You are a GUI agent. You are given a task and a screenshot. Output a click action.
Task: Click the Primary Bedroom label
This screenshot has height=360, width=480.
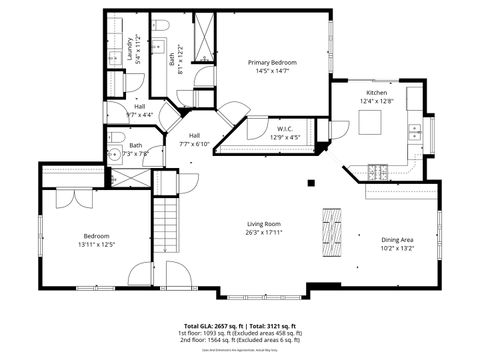pyautogui.click(x=273, y=62)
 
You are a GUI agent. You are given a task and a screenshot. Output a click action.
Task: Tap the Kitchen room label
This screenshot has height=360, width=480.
pyautogui.click(x=379, y=92)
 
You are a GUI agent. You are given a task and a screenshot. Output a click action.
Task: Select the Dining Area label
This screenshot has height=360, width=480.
pyautogui.click(x=397, y=238)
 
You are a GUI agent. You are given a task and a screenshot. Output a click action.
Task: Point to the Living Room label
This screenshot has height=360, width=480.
pyautogui.click(x=264, y=223)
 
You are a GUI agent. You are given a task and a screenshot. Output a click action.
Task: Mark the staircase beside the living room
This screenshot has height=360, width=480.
pyautogui.click(x=165, y=224)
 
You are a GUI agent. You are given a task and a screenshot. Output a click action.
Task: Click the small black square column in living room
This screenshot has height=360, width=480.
pyautogui.click(x=311, y=183)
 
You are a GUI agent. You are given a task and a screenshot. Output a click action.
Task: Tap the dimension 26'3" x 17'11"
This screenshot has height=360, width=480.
pyautogui.click(x=264, y=232)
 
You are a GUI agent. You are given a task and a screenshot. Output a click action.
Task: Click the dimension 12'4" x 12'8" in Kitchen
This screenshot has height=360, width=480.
pyautogui.click(x=379, y=101)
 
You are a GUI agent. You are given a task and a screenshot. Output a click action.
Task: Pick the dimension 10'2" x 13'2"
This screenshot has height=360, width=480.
pyautogui.click(x=397, y=247)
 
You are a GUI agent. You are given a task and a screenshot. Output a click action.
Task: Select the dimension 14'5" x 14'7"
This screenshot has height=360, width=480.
pyautogui.click(x=273, y=71)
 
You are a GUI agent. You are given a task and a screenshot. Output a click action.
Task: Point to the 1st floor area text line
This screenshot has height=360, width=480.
pyautogui.click(x=240, y=333)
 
